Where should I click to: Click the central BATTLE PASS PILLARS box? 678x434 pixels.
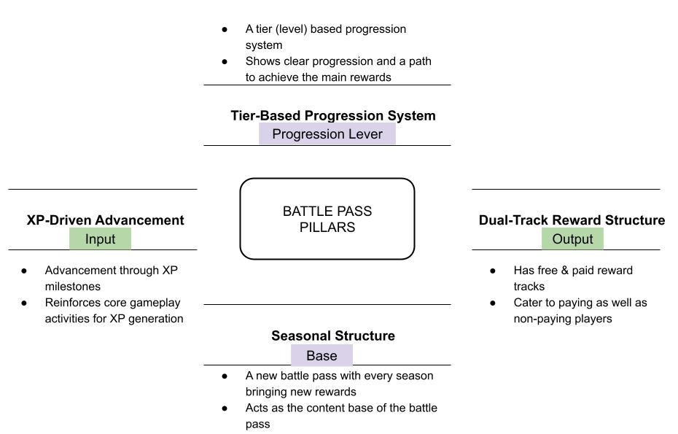point(327,219)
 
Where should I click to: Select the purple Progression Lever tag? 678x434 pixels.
point(327,133)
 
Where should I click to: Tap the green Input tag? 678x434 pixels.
point(101,239)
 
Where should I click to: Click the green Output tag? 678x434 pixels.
point(572,239)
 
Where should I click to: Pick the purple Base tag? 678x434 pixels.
point(322,355)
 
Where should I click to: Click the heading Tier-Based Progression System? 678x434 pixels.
point(333,115)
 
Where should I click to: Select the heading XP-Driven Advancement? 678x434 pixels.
point(105,220)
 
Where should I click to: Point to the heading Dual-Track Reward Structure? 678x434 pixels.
point(572,220)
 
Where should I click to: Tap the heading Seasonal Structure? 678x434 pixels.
point(333,336)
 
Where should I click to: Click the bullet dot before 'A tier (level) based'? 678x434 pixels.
point(225,30)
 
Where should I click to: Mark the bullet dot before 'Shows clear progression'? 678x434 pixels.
point(225,62)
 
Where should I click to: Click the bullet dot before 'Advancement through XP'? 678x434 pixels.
point(25,271)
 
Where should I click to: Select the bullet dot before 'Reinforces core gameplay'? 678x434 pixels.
point(25,303)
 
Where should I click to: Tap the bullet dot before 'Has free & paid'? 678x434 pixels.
point(494,271)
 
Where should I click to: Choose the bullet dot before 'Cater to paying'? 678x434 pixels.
point(494,303)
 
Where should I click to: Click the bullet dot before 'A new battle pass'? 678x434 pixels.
point(225,376)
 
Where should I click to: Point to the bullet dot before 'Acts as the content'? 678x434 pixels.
point(225,408)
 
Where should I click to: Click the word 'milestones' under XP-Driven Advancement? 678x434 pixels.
point(73,287)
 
